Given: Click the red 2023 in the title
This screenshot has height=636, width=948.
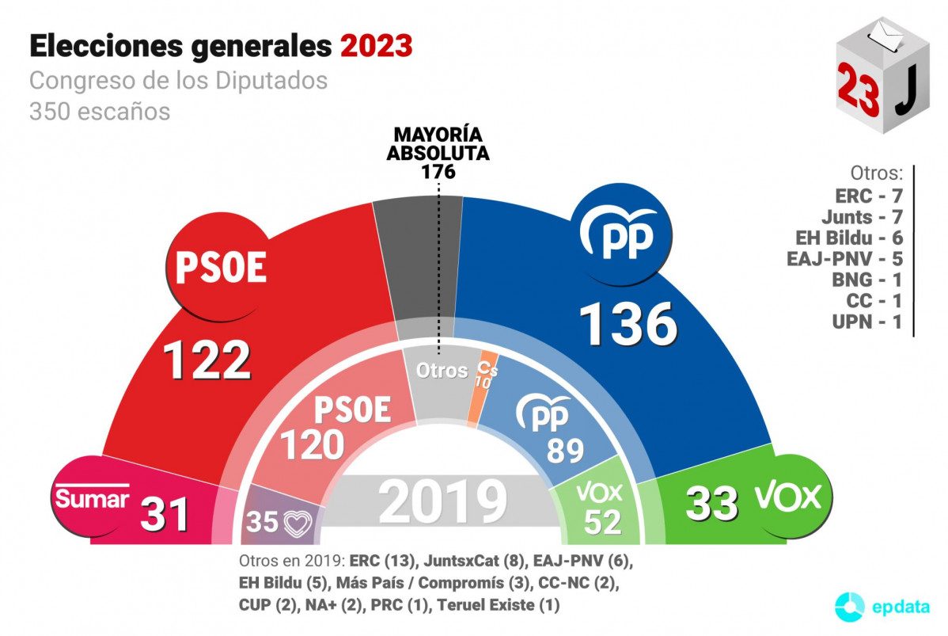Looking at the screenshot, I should coord(377,46).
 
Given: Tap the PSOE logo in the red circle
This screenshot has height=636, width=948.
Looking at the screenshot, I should coord(221,268).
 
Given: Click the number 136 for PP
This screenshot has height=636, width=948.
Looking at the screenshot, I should coord(629,325).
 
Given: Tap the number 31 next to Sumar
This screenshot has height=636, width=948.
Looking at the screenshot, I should coord(165,515).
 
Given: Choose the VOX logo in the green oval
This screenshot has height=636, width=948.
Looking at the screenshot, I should coord(788,497).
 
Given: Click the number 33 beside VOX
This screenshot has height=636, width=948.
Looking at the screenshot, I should coord(712,504).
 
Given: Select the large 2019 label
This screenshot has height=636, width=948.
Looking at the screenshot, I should coord(442,502).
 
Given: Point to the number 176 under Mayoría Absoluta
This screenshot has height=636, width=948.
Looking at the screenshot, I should coord(438,171).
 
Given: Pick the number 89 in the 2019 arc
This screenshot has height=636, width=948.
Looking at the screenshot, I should coord(565,450).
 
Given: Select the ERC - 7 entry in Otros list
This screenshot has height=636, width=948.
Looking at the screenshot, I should coord(868,195).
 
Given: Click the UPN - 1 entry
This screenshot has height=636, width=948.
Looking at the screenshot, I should coord(868,323).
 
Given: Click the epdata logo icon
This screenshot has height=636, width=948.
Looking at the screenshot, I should coord(851,606).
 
